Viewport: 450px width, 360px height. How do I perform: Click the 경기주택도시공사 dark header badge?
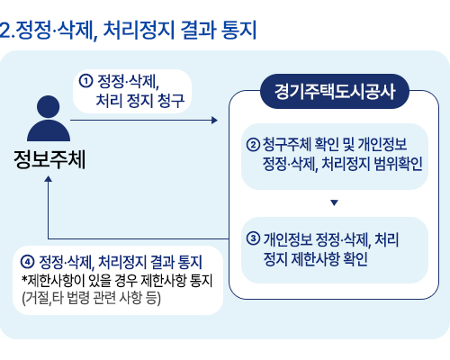tap(335, 91)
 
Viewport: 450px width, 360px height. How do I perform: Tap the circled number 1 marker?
tap(85, 81)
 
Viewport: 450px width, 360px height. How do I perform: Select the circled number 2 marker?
tap(253, 145)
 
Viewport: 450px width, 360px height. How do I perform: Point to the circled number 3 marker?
tap(253, 238)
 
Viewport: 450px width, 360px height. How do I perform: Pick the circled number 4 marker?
tap(27, 262)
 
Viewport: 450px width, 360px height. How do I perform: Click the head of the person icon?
tap(48, 107)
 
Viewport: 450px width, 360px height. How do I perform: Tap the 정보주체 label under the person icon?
tap(49, 159)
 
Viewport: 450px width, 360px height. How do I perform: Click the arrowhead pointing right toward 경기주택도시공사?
tap(214, 121)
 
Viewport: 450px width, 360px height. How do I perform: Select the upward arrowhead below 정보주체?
tap(48, 179)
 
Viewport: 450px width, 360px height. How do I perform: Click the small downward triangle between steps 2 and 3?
tap(334, 202)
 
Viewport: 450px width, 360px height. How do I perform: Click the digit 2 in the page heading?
tap(5, 31)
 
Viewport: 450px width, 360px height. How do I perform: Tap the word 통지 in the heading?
tap(238, 30)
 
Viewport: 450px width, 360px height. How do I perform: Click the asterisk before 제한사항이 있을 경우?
tap(24, 279)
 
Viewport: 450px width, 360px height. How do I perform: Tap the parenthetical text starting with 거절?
tap(92, 298)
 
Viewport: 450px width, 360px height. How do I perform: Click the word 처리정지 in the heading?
tap(139, 30)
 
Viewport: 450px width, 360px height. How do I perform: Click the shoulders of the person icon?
tap(49, 130)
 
